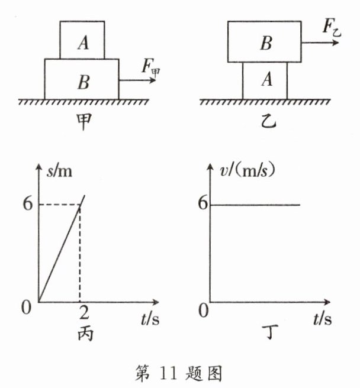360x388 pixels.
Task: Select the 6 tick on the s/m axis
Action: point(25,205)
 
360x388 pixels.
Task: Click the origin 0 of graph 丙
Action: point(26,309)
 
